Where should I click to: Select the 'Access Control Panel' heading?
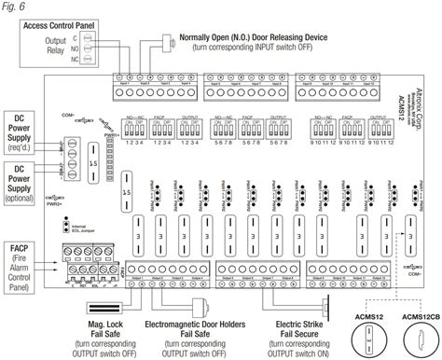click(x=57, y=25)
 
